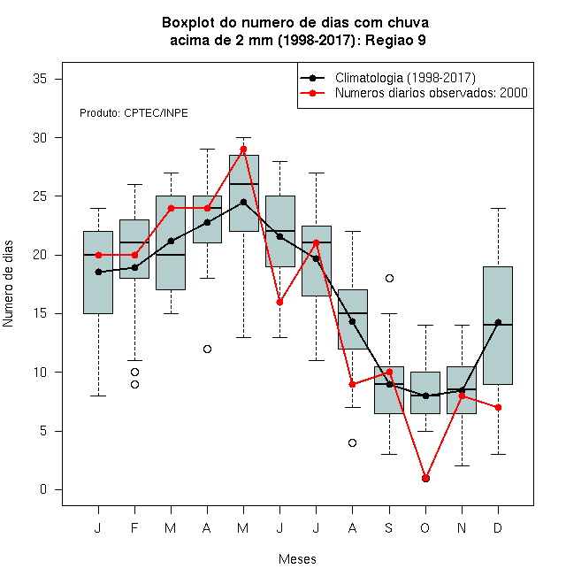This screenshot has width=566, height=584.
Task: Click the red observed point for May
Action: (243, 150)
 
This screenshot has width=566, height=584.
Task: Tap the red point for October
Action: (425, 478)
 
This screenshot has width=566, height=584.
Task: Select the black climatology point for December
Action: (498, 323)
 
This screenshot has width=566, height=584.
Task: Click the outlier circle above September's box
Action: (389, 278)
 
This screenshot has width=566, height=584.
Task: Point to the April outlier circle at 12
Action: (208, 349)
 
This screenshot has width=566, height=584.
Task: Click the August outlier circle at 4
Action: (352, 442)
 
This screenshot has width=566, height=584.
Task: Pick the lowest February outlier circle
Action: (134, 384)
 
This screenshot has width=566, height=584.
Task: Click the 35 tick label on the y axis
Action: (40, 79)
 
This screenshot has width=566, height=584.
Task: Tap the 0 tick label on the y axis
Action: (43, 489)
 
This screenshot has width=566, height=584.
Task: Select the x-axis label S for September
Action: (389, 527)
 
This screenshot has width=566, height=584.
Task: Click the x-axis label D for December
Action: (498, 527)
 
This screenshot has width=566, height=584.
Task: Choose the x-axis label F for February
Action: (134, 527)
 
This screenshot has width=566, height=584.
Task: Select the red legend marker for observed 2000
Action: (312, 93)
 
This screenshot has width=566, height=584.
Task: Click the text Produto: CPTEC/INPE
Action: (134, 113)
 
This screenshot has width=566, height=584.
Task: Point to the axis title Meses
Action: (297, 559)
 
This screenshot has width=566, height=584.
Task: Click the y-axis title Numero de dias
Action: (8, 284)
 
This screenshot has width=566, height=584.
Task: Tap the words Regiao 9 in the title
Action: (395, 40)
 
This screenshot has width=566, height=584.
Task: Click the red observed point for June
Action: (279, 302)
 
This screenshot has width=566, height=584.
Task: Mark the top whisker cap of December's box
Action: (498, 208)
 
